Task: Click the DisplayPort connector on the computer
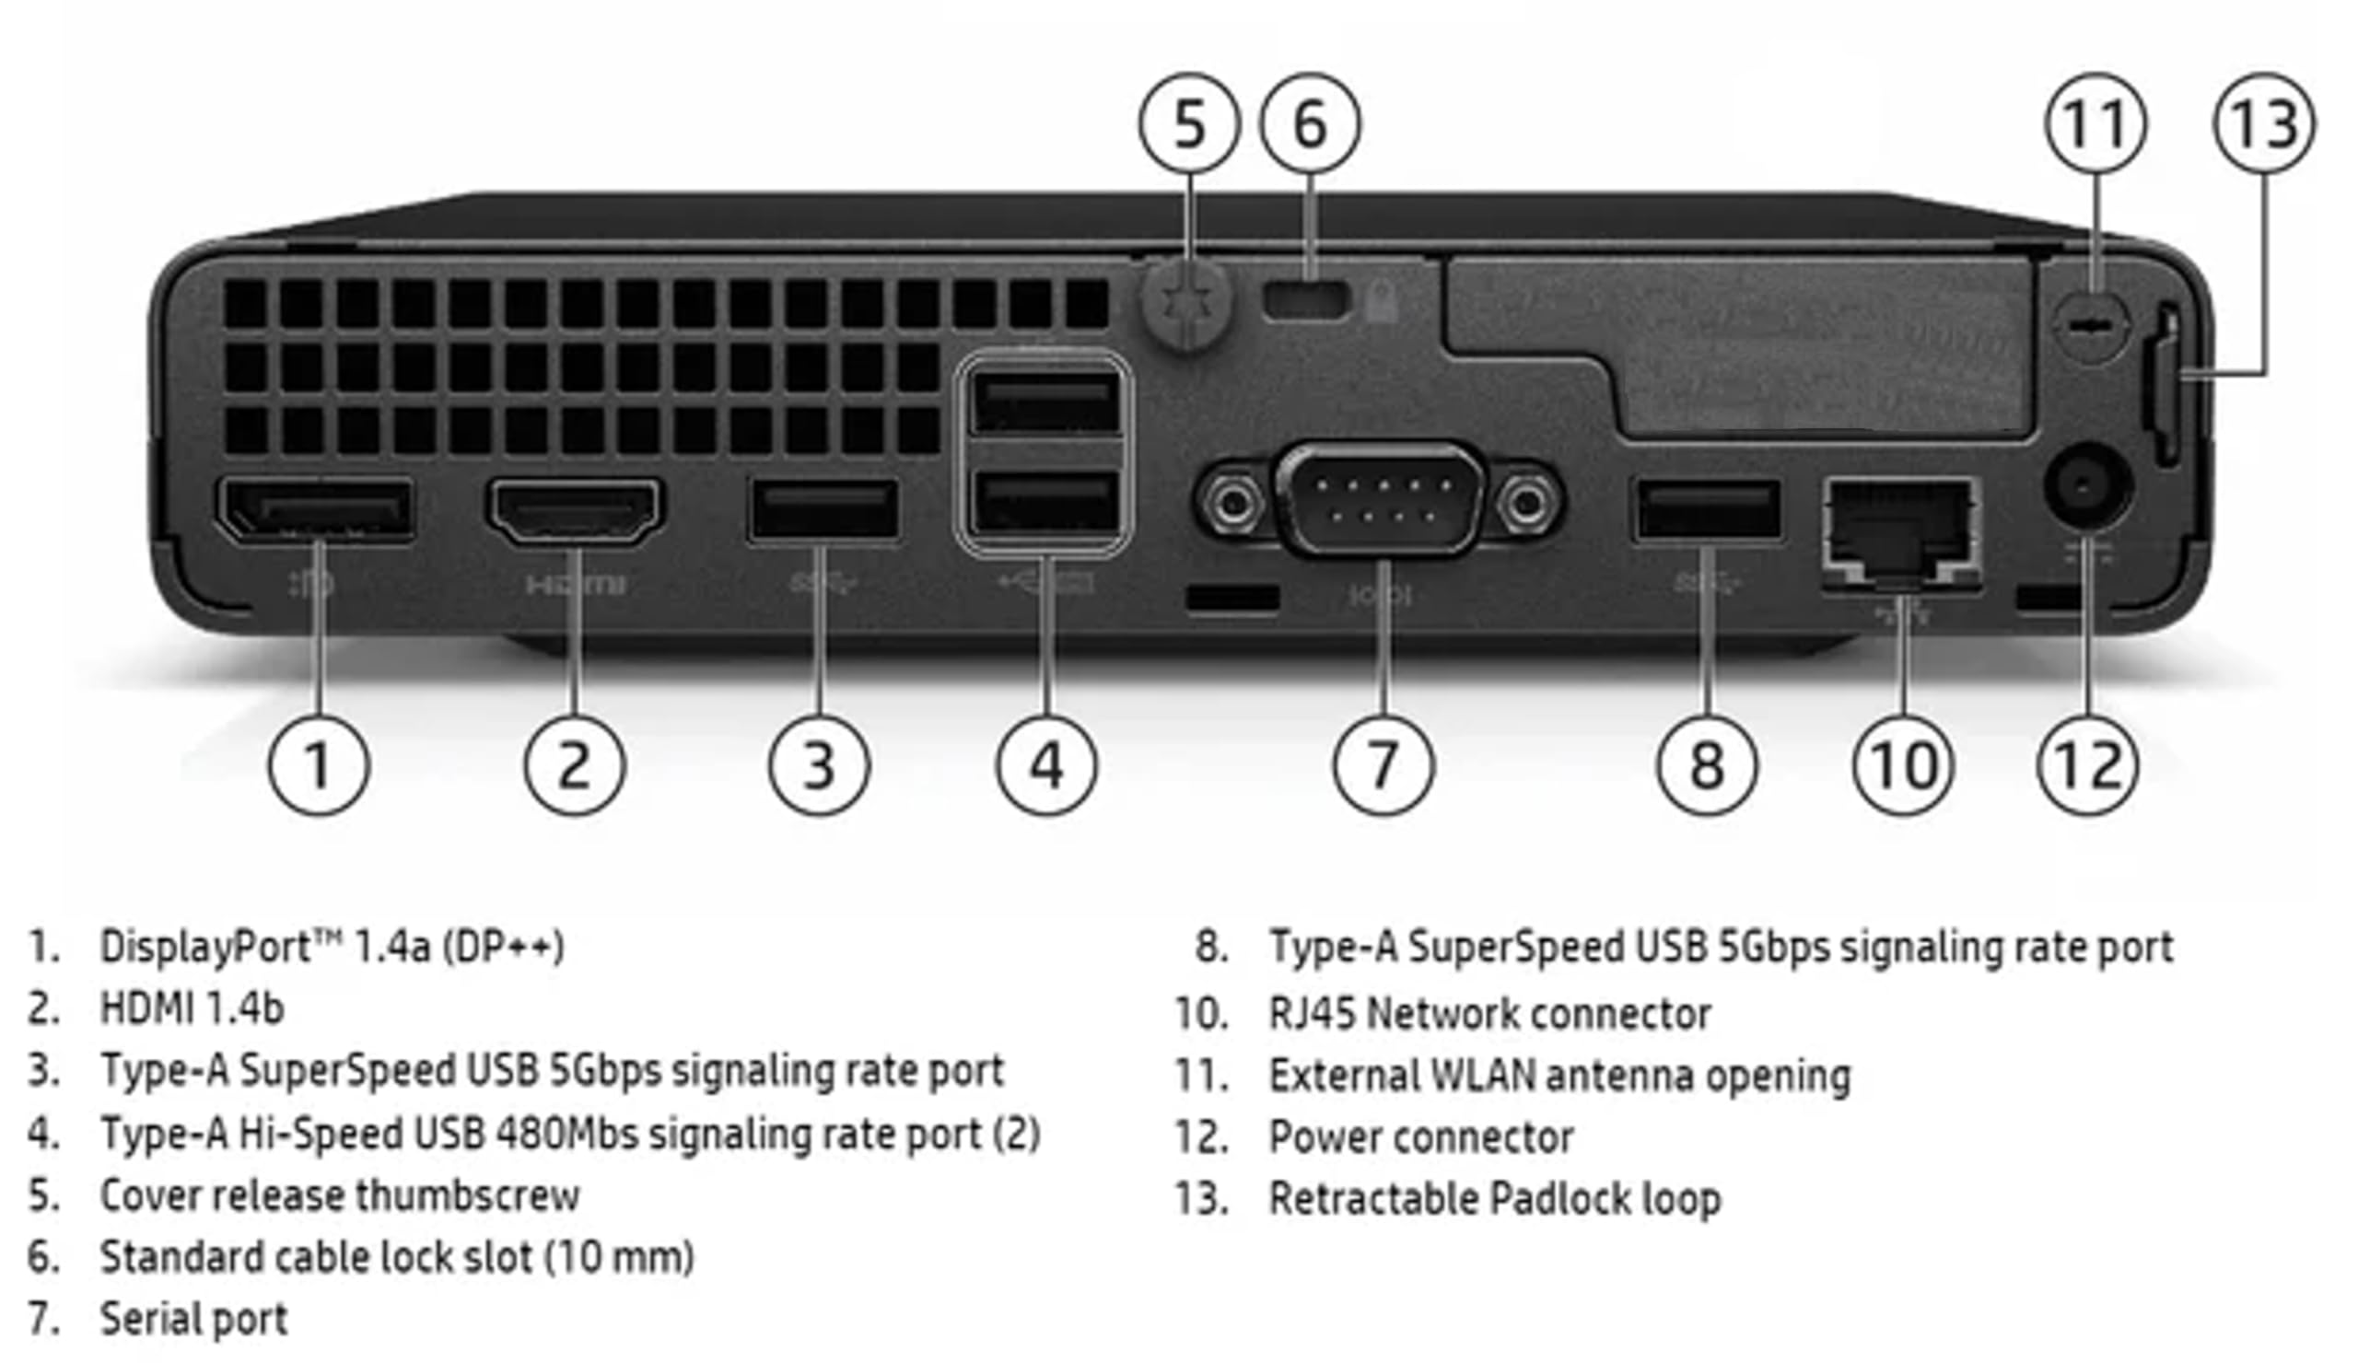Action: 316,510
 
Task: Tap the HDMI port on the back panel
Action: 575,511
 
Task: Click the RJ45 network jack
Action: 1900,530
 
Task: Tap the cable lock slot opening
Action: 1306,299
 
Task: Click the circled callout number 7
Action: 1383,764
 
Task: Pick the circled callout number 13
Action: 2262,123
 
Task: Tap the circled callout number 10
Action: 1902,764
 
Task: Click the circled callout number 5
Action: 1188,123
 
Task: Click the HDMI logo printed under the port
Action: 575,586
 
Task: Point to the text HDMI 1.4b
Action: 192,1008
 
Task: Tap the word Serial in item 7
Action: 141,1319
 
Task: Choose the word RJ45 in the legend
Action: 1312,1013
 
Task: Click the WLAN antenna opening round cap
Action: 2095,328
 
